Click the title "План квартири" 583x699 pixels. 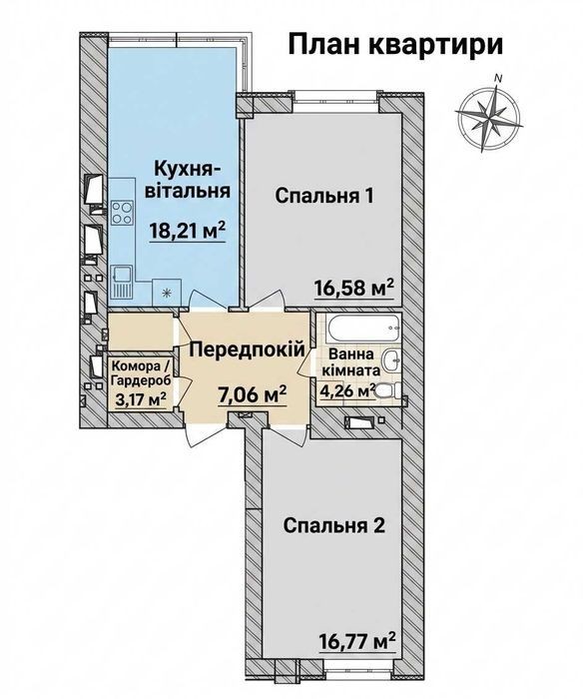point(395,45)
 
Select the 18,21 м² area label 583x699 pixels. point(188,232)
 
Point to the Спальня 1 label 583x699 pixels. point(324,196)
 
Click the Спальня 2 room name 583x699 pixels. point(333,526)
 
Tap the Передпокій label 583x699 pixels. point(248,349)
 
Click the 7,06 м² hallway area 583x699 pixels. point(252,395)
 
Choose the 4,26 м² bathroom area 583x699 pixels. point(346,391)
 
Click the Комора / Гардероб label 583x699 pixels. point(141,373)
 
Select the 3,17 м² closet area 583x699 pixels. point(141,399)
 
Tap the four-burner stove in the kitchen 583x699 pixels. point(122,213)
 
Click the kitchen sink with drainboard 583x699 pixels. point(122,282)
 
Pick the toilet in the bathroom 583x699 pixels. point(387,391)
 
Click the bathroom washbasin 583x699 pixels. point(391,360)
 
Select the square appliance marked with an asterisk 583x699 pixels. point(167,293)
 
